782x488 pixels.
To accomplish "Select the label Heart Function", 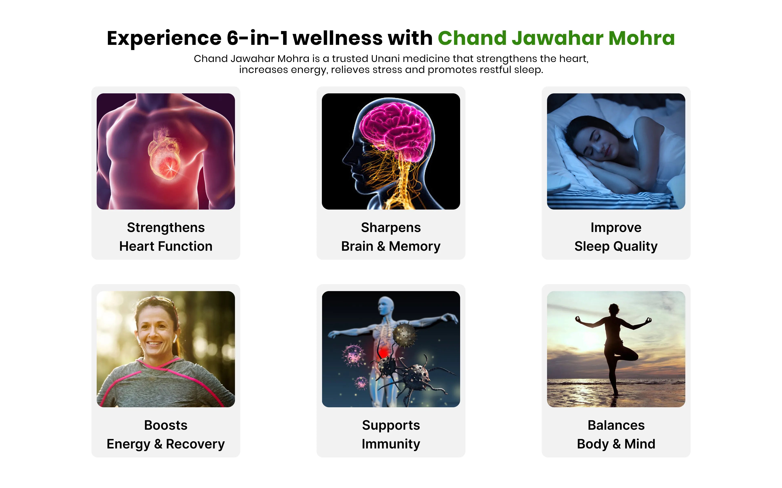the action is (x=166, y=246).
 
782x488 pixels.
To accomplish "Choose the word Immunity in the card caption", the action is (x=391, y=444).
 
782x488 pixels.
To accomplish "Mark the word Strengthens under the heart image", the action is (x=166, y=227).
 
